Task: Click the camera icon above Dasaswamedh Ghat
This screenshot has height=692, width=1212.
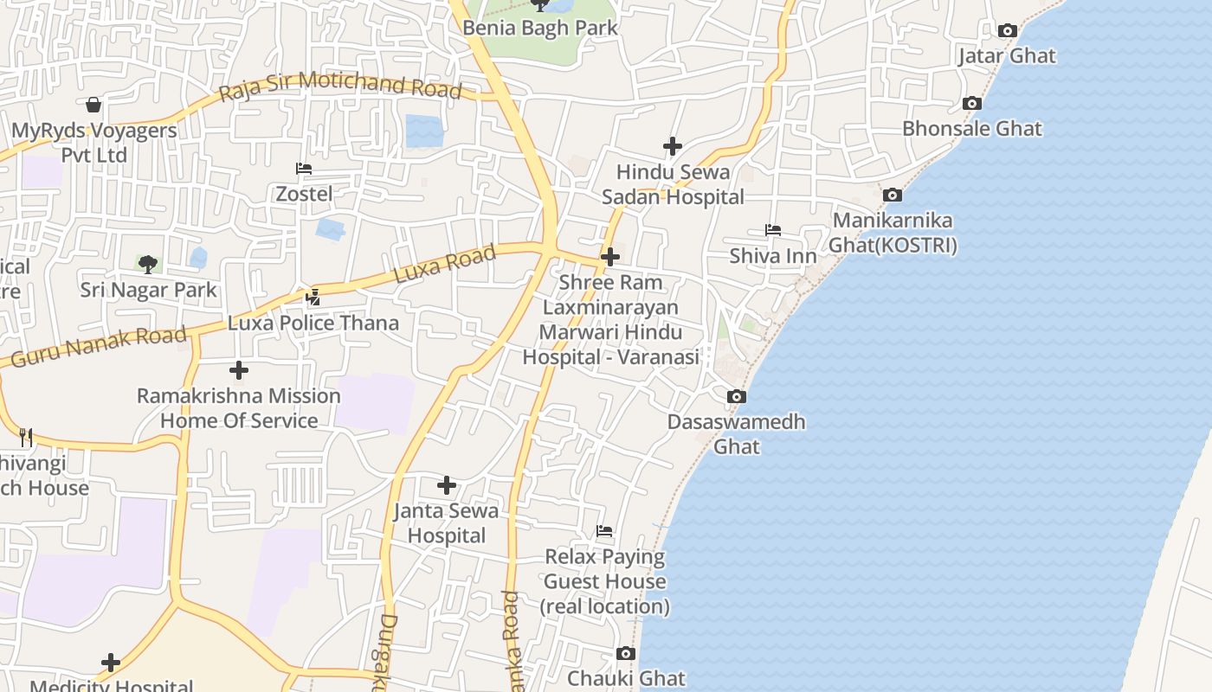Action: tap(737, 396)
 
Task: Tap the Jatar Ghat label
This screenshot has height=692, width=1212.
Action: tap(1007, 56)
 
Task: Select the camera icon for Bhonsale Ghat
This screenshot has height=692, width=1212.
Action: tap(972, 104)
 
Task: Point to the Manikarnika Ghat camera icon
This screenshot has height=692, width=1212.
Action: tap(893, 195)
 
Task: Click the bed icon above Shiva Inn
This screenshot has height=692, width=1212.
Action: tap(773, 230)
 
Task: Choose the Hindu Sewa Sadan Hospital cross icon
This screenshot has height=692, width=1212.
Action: tap(673, 146)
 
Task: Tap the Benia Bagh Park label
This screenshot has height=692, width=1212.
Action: tap(540, 28)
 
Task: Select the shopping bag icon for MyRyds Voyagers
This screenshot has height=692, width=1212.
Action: tap(93, 106)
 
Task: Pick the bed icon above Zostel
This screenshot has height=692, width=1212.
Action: tap(304, 169)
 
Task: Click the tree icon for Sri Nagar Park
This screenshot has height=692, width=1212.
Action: tap(148, 264)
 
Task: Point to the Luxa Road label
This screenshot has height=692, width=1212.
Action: tap(445, 264)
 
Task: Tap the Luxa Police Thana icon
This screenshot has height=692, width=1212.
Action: tap(313, 298)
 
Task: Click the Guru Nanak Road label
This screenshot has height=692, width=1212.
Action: tap(99, 344)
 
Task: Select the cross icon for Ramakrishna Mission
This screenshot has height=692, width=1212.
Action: tap(239, 371)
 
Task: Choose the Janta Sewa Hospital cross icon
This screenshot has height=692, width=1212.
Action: tap(447, 485)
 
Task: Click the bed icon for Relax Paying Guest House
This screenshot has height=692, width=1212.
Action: tap(604, 530)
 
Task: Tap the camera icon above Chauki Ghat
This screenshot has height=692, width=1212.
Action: tap(626, 653)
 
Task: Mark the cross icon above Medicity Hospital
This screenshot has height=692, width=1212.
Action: tap(111, 663)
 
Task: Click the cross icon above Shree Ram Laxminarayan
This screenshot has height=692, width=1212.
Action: tap(610, 257)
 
